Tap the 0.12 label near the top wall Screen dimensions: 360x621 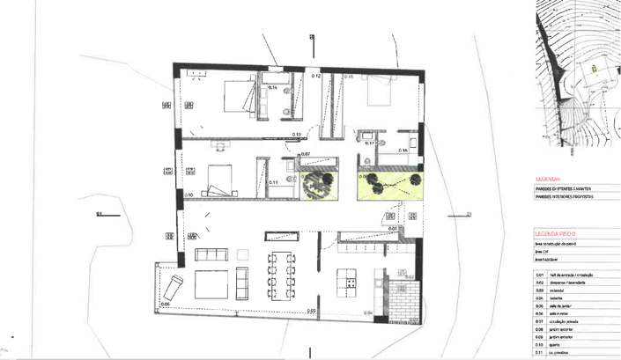pyautogui.click(x=315, y=76)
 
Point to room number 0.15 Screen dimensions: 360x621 pyautogui.click(x=349, y=77)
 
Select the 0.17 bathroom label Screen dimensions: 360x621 pyautogui.click(x=371, y=143)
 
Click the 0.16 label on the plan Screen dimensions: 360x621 pyautogui.click(x=402, y=151)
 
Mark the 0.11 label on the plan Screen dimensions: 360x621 pyautogui.click(x=273, y=182)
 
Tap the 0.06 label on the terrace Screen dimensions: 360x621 pyautogui.click(x=165, y=304)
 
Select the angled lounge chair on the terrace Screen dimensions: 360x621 pyautogui.click(x=174, y=286)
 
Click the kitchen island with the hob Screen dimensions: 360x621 pyautogui.click(x=351, y=284)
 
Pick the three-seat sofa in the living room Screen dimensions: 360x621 pyautogui.click(x=211, y=255)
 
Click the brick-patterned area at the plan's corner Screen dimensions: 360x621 pyautogui.click(x=402, y=303)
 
